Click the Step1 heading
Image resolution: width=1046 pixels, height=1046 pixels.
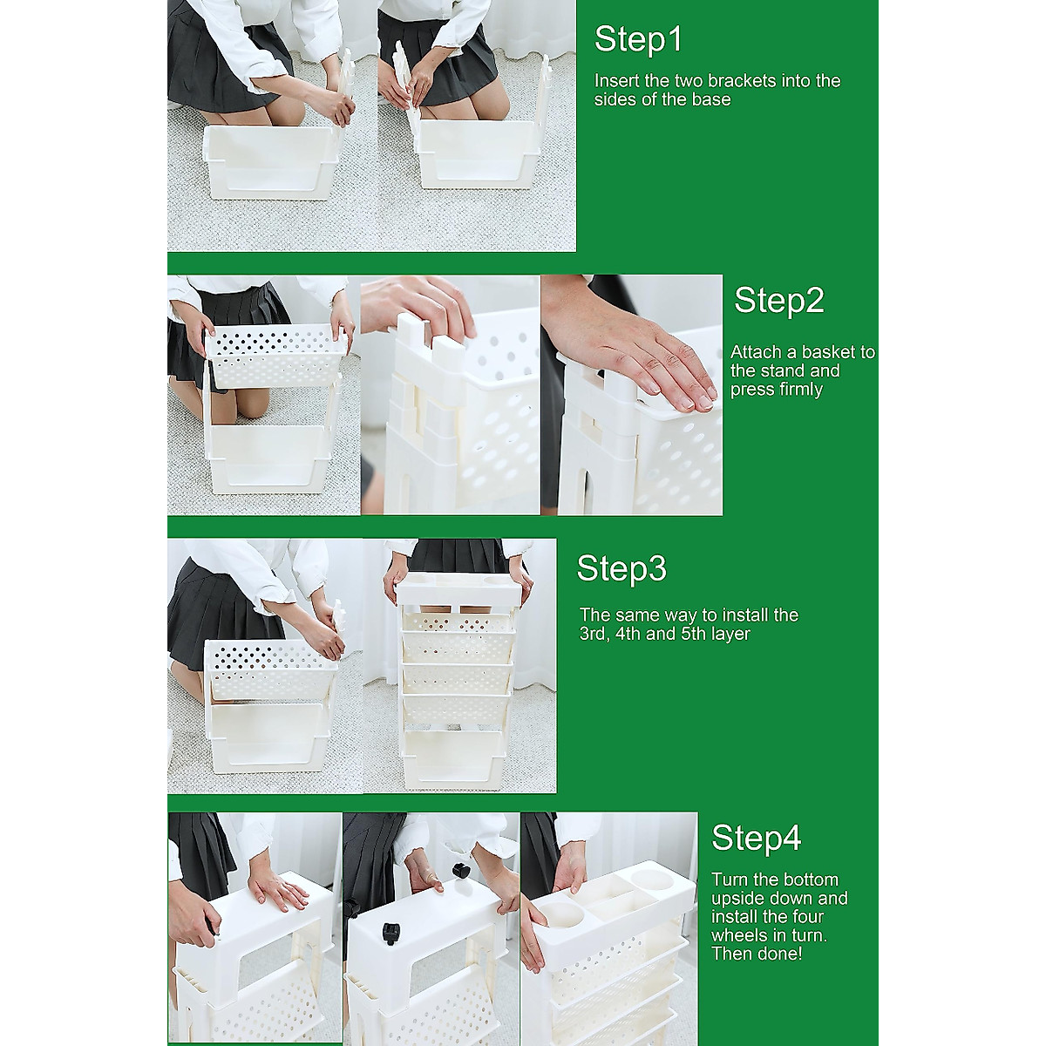coord(638,40)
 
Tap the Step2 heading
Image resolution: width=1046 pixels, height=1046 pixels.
coord(779,302)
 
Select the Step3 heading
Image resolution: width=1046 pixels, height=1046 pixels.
coord(621,569)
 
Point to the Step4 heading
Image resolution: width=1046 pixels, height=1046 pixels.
coord(756,852)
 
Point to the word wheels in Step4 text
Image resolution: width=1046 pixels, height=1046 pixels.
coord(736,935)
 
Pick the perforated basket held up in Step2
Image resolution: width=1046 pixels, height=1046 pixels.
coord(277,356)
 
